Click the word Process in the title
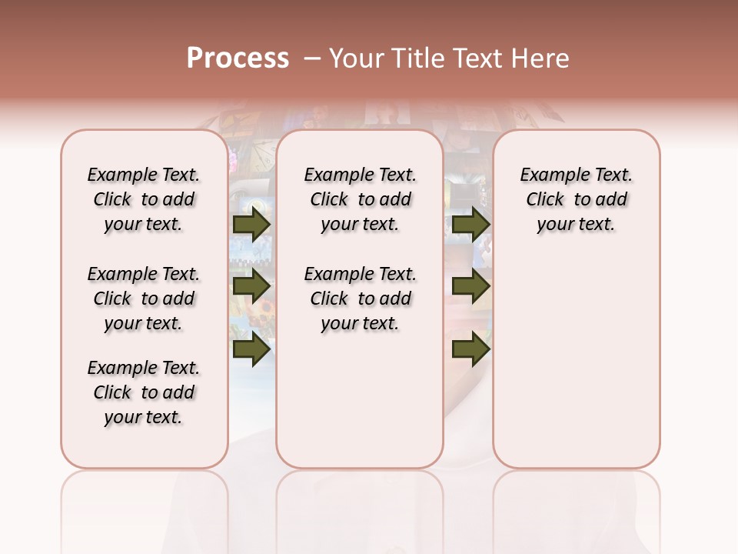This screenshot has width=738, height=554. [x=238, y=58]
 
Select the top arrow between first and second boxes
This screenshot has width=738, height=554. [x=251, y=224]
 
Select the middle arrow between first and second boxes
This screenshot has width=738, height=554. [x=251, y=286]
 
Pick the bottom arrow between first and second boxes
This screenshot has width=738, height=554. [x=251, y=349]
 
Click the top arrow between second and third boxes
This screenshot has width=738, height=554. [x=470, y=224]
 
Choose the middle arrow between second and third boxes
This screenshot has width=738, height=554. [x=470, y=286]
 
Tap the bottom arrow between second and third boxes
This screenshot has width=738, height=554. [x=470, y=349]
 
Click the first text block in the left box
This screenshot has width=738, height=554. [x=144, y=199]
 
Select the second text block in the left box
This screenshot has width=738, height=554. [x=144, y=299]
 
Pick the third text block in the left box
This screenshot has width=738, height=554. [x=144, y=392]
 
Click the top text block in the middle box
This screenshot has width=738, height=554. [x=360, y=199]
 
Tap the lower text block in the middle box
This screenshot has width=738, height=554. [x=360, y=299]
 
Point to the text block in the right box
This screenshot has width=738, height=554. [x=577, y=199]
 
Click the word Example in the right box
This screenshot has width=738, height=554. [x=549, y=175]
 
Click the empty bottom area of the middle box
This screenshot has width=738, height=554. [x=360, y=408]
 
